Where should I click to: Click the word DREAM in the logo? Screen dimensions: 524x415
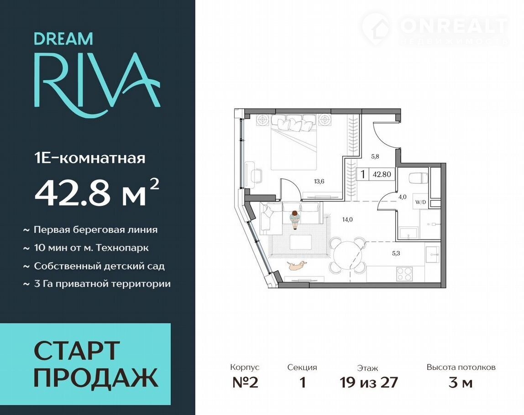[x=63, y=39]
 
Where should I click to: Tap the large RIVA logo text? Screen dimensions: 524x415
[x=97, y=85]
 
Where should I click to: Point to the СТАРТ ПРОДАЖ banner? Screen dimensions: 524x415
[x=85, y=364]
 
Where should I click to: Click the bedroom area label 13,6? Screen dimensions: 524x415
[x=319, y=182]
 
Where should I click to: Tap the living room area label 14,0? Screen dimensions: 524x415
[x=347, y=220]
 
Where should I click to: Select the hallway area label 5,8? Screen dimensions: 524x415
[x=375, y=156]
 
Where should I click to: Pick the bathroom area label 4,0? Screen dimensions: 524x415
[x=403, y=197]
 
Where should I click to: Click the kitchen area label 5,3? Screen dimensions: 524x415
[x=396, y=254]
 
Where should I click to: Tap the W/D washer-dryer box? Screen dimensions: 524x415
[x=420, y=202]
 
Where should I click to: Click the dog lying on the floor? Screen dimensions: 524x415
[x=296, y=265]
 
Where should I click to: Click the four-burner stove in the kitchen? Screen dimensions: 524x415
[x=404, y=275]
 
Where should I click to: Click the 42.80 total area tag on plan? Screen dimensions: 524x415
[x=382, y=174]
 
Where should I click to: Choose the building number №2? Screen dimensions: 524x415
[x=245, y=383]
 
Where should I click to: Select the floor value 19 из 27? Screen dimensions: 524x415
[x=369, y=383]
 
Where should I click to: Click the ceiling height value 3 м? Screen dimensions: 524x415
[x=461, y=383]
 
